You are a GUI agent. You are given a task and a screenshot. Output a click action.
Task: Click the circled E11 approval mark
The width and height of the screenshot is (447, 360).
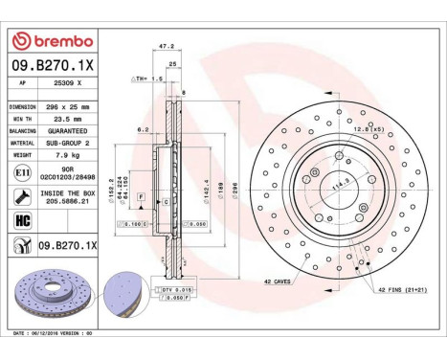[x=21, y=172]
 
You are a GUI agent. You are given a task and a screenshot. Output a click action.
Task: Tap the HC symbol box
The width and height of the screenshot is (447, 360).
[x=21, y=221]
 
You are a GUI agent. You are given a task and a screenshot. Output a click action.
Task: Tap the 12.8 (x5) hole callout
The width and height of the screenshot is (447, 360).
[x=369, y=129]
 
